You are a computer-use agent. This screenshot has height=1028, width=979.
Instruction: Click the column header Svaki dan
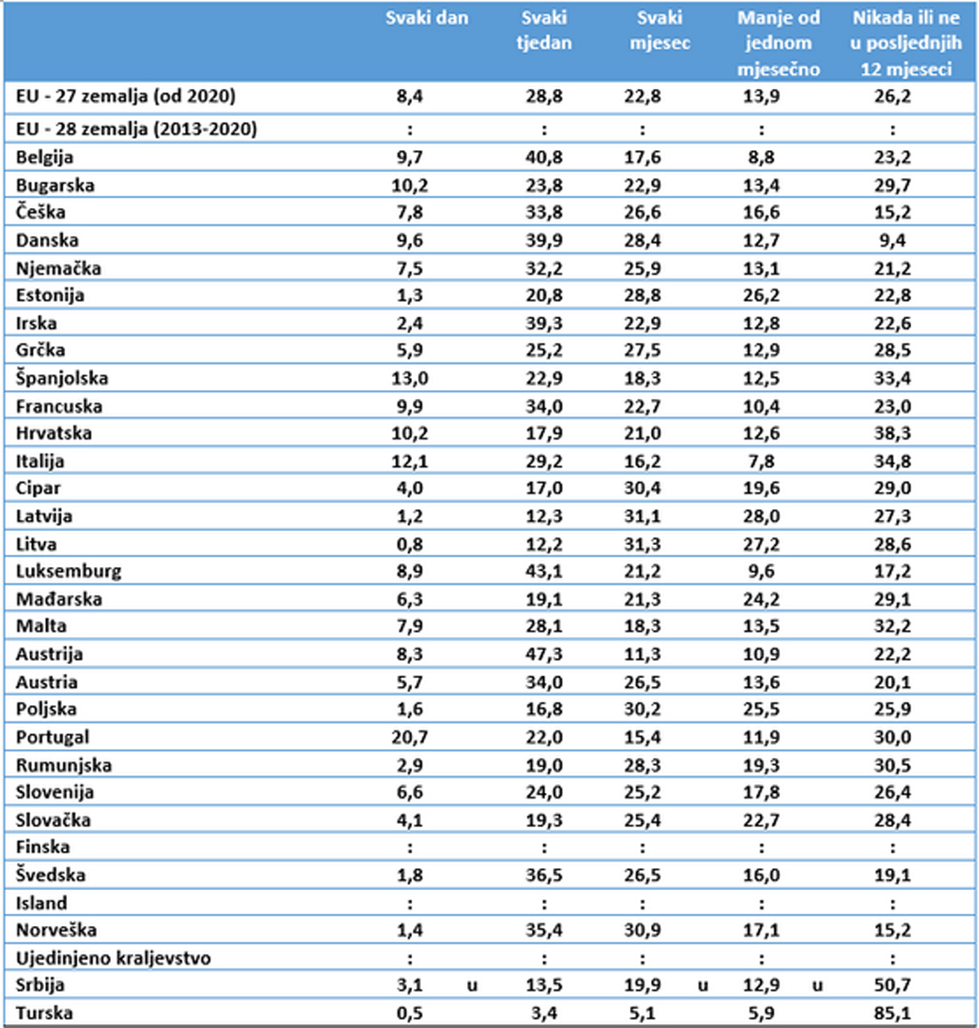click(427, 18)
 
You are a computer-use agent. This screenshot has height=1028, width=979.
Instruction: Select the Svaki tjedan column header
click(544, 30)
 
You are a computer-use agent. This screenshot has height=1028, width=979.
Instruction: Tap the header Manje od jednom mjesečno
click(777, 43)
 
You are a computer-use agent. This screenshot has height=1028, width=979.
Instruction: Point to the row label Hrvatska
click(54, 433)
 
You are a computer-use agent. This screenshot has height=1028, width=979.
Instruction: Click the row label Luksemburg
click(69, 571)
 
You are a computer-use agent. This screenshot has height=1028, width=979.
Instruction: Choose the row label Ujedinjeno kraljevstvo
click(113, 958)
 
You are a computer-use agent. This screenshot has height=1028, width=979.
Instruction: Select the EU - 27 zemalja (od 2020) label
click(126, 96)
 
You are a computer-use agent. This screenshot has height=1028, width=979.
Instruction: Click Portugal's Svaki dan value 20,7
click(410, 737)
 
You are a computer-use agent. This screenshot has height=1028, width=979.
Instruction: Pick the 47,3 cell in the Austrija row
click(544, 654)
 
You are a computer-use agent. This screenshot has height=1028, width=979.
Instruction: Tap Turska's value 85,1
click(893, 1013)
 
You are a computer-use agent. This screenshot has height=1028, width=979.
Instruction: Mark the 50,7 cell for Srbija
click(893, 985)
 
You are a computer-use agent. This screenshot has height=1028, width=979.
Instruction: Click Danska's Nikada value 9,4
click(893, 240)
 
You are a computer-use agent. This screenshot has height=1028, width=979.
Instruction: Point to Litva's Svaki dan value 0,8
click(410, 543)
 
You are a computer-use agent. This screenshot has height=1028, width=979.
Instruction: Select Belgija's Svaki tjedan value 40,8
click(544, 157)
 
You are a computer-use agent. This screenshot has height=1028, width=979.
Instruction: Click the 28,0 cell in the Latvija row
click(761, 516)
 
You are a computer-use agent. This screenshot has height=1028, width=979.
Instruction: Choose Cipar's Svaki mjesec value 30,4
click(643, 488)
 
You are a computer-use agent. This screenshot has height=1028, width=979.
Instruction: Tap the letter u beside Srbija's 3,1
click(472, 986)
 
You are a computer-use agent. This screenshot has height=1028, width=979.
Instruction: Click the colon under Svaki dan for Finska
click(410, 848)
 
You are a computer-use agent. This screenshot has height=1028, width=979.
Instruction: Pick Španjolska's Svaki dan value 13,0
click(410, 378)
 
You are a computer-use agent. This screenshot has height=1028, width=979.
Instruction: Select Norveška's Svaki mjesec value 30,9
click(643, 930)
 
